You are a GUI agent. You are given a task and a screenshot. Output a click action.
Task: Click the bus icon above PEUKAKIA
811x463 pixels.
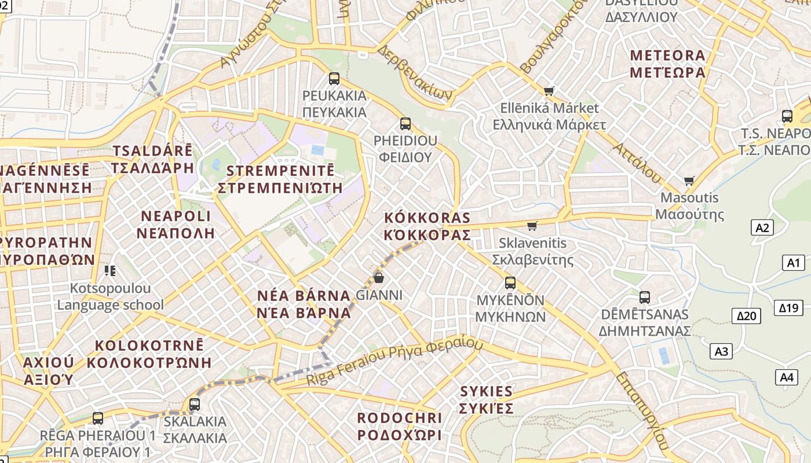tap(334, 78)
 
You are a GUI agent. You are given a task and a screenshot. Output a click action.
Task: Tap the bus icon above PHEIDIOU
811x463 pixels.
tap(405, 123)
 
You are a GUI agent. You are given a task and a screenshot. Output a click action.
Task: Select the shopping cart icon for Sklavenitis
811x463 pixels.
tap(532, 226)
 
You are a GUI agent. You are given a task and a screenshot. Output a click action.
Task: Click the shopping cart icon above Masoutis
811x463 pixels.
tap(689, 181)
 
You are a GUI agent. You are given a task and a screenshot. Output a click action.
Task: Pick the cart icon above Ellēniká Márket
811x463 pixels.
tap(549, 91)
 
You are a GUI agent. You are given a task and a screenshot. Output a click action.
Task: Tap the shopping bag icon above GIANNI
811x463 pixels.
tap(379, 278)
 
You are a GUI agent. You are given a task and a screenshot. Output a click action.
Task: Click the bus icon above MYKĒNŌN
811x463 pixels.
tap(510, 282)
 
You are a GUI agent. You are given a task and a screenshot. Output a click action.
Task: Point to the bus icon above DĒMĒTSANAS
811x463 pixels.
tap(644, 297)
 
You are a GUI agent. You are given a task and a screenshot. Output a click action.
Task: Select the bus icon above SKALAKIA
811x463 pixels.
tap(195, 404)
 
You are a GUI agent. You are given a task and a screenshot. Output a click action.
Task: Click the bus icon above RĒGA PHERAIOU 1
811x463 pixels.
tap(98, 418)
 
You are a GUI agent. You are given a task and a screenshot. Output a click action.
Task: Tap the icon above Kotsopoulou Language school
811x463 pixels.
tap(110, 270)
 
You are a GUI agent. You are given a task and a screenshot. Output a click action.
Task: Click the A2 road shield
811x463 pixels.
tap(762, 227)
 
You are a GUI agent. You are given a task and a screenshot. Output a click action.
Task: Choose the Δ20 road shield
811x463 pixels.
tap(747, 315)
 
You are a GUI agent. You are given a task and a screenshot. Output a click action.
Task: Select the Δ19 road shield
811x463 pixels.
tap(788, 307)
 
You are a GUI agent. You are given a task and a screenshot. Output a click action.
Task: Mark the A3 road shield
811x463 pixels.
tap(721, 351)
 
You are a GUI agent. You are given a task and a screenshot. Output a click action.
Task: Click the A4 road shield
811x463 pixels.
tap(786, 377)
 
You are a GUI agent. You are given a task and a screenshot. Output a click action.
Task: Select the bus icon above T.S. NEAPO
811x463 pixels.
tap(787, 116)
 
